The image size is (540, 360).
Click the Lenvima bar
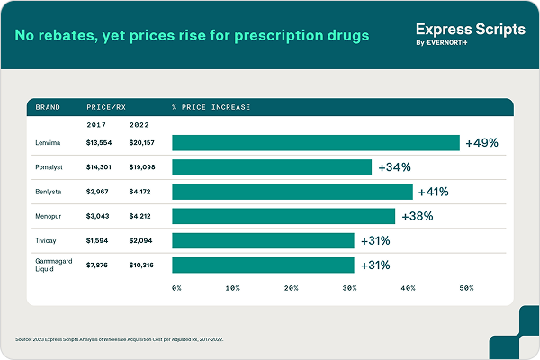pos(315,143)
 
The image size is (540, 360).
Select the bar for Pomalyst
pos(272,167)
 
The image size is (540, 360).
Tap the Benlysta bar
pos(292,192)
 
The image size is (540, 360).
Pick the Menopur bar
pos(283,216)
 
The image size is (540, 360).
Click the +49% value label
pos(481,143)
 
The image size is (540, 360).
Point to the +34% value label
pos(394,167)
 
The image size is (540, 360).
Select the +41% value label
pos(432,192)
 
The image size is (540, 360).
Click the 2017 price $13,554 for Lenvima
pos(102,143)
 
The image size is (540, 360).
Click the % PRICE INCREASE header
pos(211,107)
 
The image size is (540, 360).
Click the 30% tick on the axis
pos(349,288)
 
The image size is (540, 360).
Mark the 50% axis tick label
pos(466,288)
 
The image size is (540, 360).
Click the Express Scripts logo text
pos(471,30)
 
